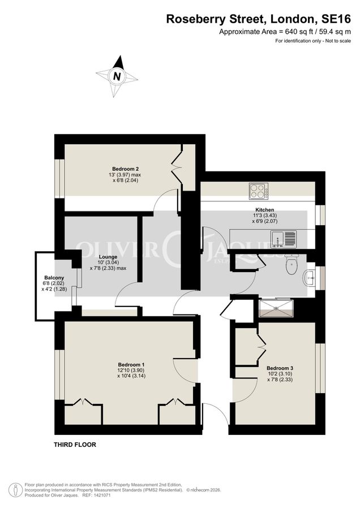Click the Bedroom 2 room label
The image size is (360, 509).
[126, 169]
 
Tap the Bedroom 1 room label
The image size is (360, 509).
[131, 364]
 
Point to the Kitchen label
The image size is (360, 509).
[264, 210]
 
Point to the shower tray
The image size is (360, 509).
[277, 309]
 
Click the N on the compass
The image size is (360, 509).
[117, 76]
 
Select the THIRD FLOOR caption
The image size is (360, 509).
[75, 445]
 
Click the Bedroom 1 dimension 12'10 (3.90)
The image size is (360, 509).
[131, 370]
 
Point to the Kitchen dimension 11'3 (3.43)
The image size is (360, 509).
[264, 215]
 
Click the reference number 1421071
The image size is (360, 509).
[100, 495]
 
